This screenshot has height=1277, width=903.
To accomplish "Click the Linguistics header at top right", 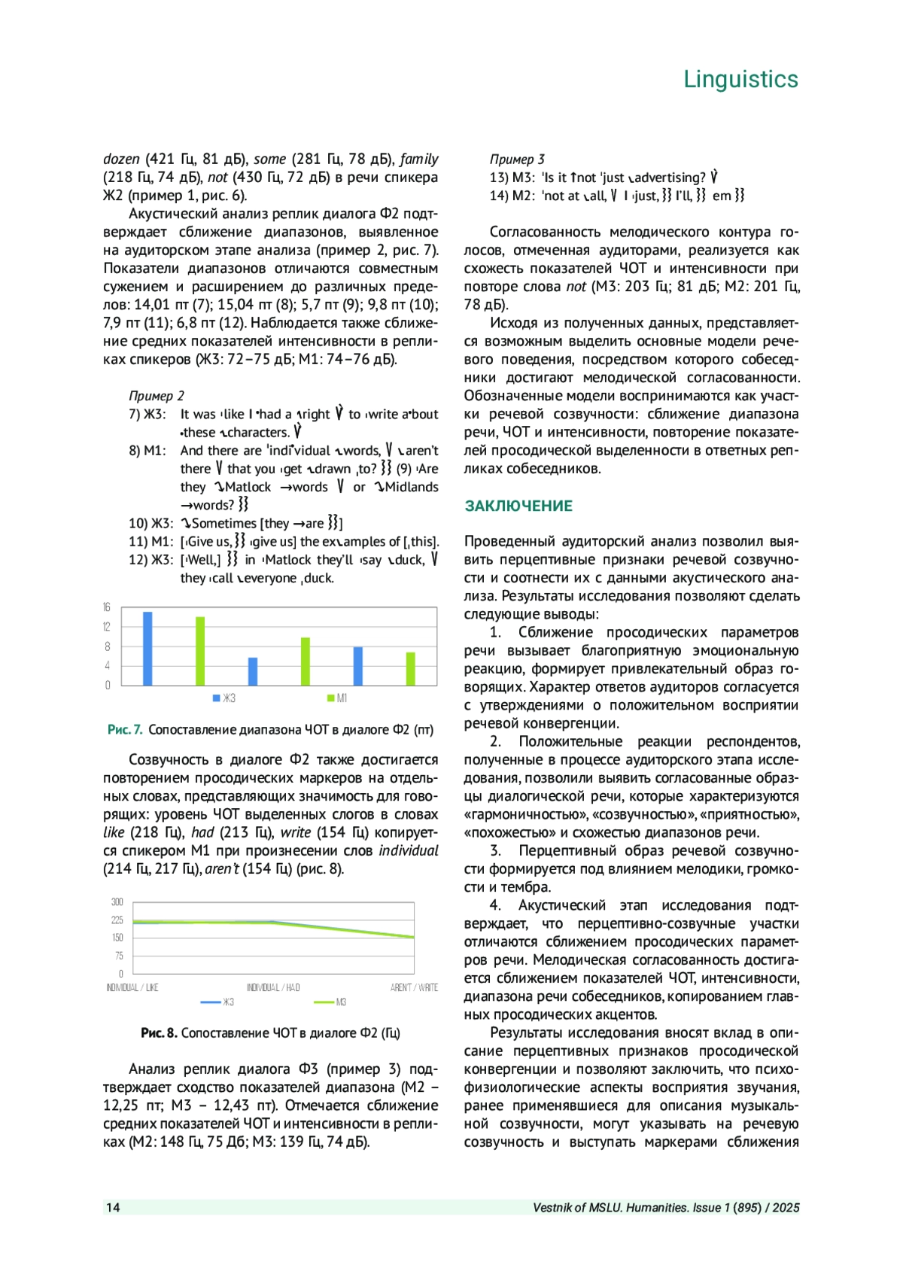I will [740, 80].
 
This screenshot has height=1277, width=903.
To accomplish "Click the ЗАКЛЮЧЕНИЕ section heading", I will [518, 506].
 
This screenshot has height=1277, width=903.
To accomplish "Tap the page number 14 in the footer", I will [113, 1208].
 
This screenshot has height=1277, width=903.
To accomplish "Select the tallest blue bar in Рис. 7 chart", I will [147, 649].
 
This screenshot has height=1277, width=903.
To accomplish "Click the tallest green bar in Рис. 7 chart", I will [200, 651].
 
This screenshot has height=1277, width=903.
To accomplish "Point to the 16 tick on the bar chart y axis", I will [107, 607].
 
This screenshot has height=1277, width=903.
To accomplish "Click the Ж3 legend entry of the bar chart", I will [225, 698].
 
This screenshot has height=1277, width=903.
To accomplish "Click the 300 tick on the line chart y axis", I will [117, 902].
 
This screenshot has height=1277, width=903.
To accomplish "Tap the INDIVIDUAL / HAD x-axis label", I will [273, 987].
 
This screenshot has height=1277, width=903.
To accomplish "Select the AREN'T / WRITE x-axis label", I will [414, 987].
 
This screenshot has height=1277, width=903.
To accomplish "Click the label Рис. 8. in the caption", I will [159, 1033].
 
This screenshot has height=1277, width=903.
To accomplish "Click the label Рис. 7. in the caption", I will [125, 729].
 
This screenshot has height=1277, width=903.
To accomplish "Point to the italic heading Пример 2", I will [157, 396].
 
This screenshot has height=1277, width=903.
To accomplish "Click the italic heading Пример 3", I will [517, 160].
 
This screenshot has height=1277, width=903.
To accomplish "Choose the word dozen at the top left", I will [121, 160].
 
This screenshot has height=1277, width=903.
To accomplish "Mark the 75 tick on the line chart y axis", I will [119, 956].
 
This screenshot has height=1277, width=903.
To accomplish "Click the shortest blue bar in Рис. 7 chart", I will [253, 671].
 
